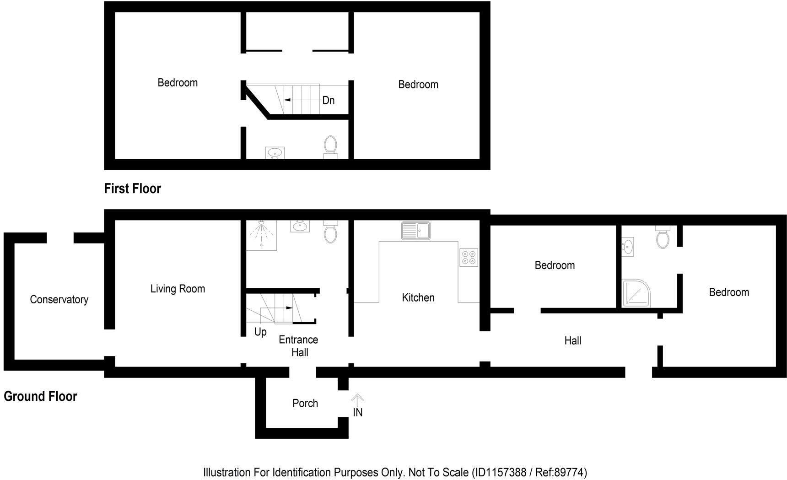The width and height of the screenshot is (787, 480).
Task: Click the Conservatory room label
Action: [x=59, y=300]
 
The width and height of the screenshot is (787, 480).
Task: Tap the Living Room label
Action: [x=178, y=289]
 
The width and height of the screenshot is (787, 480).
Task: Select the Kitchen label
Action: [x=418, y=298]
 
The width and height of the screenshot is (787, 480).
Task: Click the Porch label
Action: [x=305, y=403]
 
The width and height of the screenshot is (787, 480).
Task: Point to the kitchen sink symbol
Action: [x=415, y=231]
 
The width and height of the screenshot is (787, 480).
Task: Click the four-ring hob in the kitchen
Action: [x=469, y=257]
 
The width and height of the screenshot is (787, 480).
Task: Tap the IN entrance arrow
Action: [x=357, y=401]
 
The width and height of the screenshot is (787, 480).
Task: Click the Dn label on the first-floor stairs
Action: [x=329, y=100]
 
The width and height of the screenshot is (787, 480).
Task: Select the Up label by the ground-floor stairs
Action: [x=260, y=332]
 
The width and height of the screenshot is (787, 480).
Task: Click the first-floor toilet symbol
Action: [x=330, y=146]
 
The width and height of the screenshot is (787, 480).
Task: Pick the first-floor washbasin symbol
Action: [x=275, y=153]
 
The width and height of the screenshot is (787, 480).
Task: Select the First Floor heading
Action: [x=132, y=189]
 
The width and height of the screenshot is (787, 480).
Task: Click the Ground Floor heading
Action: [x=40, y=396]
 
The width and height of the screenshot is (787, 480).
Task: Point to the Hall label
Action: [x=572, y=340]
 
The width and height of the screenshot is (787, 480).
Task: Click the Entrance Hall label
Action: [x=298, y=346]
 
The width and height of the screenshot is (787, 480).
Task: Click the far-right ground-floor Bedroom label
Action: [x=729, y=292]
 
